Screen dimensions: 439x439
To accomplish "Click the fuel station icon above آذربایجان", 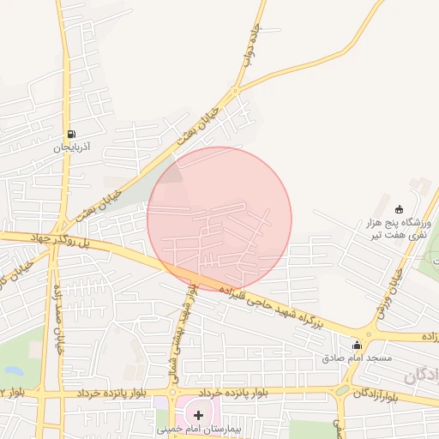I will point(71,134).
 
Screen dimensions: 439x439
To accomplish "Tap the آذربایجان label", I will point(72,147).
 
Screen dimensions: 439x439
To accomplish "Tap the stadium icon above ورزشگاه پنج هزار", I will point(399,209).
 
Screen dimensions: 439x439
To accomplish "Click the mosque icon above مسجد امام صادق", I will point(357,345).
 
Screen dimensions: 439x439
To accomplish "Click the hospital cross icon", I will point(199,415).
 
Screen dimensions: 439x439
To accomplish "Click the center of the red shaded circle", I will point(219,219).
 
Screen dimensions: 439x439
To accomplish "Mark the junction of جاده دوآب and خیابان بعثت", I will point(237,90).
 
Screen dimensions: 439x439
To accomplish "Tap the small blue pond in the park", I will point(12,370).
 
